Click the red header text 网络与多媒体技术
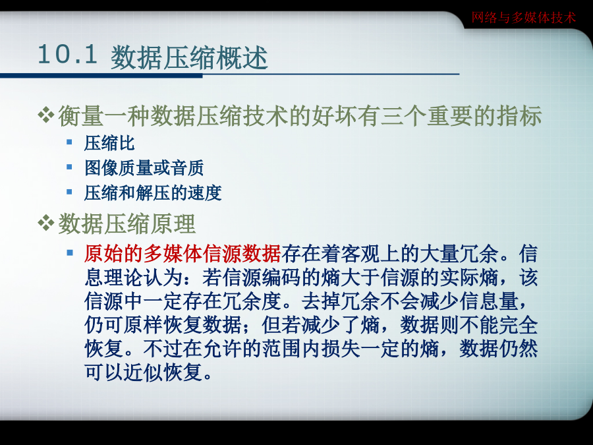pos(523,17)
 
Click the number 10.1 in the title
pos(68,55)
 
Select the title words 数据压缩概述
pos(189,57)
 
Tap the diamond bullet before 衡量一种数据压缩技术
pos(46,115)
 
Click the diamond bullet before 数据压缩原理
pos(46,223)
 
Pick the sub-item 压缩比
pos(109,143)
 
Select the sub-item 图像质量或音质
pos(144,168)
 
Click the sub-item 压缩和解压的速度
pos(153,193)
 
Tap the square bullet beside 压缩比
pos(69,142)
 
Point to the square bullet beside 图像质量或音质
pos(69,167)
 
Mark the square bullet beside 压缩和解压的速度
pos(69,192)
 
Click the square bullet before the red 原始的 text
pos(70,252)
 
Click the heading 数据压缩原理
pos(127,223)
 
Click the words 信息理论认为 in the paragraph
pos(134,278)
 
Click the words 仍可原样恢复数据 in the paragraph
pos(163,324)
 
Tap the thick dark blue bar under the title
pos(101,76)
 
